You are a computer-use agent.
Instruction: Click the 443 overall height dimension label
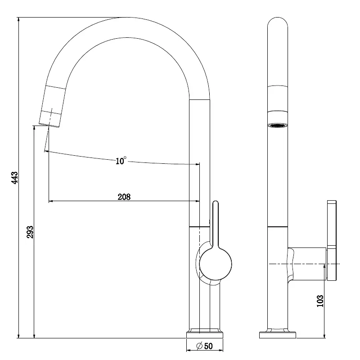15,178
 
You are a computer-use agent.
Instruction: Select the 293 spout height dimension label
30,232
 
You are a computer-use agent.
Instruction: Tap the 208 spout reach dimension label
124,197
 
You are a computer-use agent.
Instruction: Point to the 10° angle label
121,161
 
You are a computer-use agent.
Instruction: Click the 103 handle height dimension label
320,301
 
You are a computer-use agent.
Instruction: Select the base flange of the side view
278,334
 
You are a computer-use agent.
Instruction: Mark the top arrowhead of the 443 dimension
18,20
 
